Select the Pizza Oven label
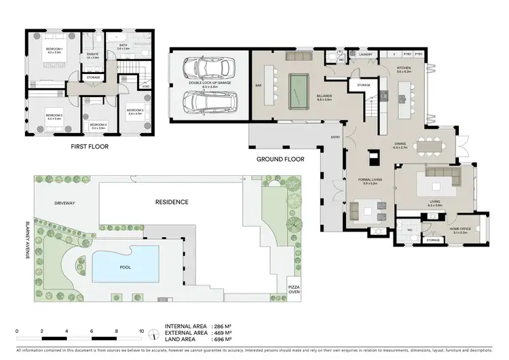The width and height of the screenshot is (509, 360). tap(293, 289)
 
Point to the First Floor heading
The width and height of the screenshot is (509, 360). tap(90, 146)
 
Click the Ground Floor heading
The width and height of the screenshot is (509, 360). tap(278, 160)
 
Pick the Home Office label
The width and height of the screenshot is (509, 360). tap(463, 229)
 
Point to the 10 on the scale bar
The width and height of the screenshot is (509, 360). tap(141, 333)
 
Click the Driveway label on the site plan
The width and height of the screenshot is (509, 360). tap(64, 202)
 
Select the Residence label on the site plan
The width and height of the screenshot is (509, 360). tap(171, 202)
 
